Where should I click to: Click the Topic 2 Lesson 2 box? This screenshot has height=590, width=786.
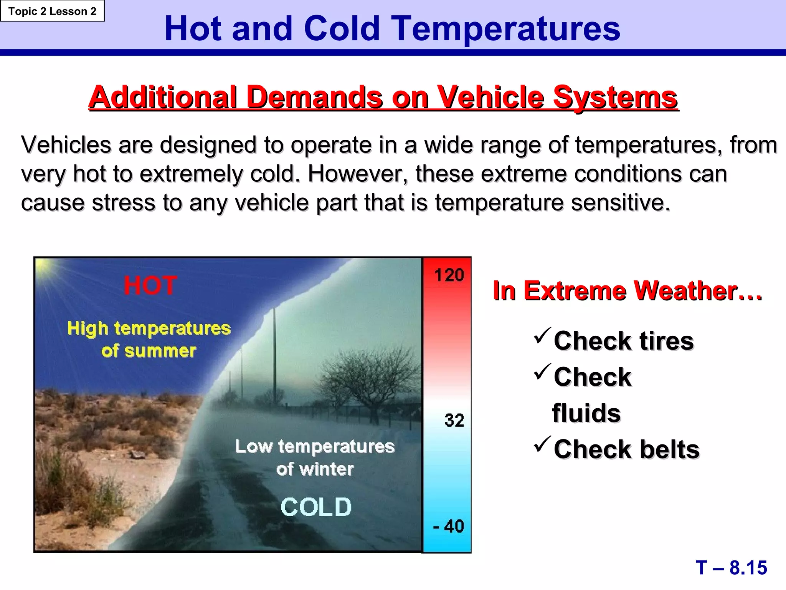click(x=52, y=11)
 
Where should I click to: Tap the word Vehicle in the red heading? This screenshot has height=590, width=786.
click(x=491, y=97)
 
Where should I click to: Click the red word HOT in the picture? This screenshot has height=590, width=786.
click(x=150, y=286)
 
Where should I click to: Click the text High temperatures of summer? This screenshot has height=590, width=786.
click(x=149, y=340)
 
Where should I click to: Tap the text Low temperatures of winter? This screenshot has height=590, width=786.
click(x=315, y=457)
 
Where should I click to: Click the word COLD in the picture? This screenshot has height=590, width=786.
click(x=316, y=507)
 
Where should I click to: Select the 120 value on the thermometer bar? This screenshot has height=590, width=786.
click(x=449, y=275)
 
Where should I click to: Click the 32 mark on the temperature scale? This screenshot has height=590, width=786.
click(x=454, y=420)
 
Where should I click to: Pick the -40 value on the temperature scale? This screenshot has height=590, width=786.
click(x=448, y=526)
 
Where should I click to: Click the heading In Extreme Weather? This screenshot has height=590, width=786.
click(x=627, y=291)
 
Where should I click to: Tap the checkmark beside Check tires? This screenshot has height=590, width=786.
click(x=542, y=335)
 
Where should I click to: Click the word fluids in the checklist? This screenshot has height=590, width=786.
click(x=586, y=413)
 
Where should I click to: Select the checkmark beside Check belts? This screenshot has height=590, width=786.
click(x=542, y=444)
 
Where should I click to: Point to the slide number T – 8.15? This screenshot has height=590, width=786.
click(x=731, y=567)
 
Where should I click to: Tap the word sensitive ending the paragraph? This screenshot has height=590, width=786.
click(x=620, y=202)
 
